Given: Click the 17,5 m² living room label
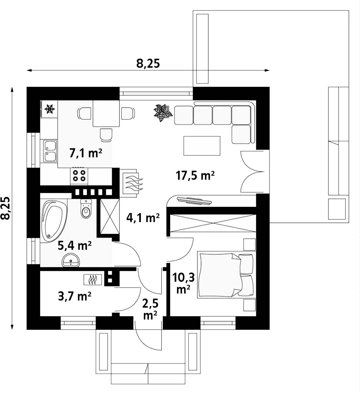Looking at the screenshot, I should tap(195, 176).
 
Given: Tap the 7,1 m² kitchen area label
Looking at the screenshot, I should tap(85, 153).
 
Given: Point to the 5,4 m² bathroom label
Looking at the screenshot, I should tap(74, 246).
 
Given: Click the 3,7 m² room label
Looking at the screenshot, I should tap(74, 296).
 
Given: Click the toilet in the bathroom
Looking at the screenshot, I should tap(86, 209).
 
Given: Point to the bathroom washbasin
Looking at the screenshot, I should tap(70, 261).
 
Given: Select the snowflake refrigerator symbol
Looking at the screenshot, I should tap(49, 108).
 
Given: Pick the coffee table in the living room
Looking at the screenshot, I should tap(202, 146).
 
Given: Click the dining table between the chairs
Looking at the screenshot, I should tap(106, 113).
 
